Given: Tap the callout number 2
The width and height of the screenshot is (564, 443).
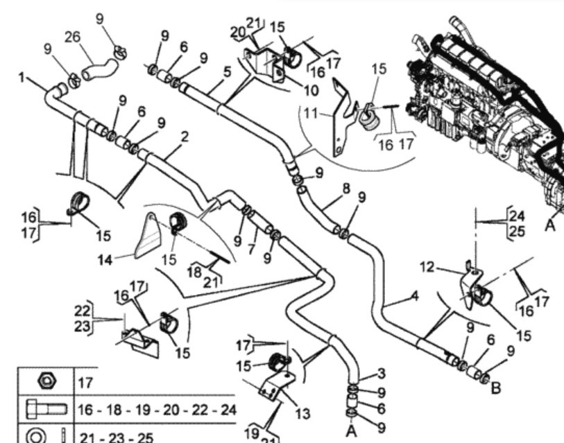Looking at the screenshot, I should [185, 138].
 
